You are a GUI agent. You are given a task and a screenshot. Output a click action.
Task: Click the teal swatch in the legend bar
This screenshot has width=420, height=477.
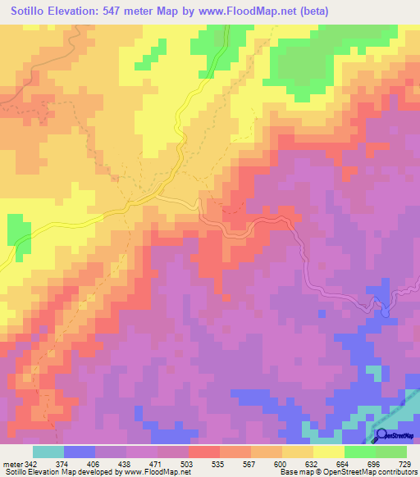tap(48, 452)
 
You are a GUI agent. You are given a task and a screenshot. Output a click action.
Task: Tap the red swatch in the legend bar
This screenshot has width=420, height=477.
tap(204, 452)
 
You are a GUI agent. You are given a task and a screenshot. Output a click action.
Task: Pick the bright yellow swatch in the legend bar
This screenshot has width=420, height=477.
tap(329, 452)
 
